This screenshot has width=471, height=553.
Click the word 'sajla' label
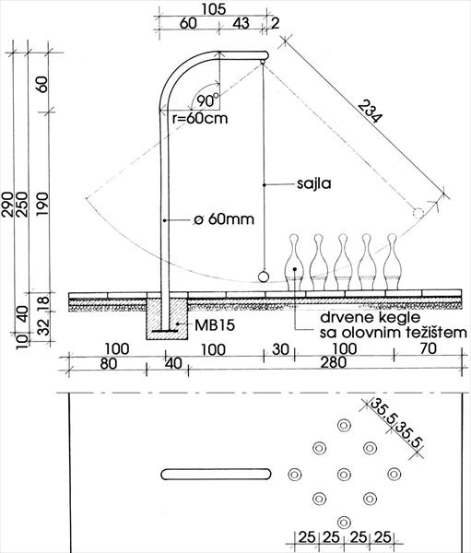tap(314, 183)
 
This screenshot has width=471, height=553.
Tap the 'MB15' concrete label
tap(215, 325)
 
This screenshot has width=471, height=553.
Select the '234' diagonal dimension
tap(370, 112)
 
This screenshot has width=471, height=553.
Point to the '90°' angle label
tap(207, 100)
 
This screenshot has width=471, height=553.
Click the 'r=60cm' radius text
tap(200, 118)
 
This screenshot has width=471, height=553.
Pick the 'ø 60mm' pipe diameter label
tap(224, 219)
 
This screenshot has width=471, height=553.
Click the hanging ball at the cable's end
tap(264, 276)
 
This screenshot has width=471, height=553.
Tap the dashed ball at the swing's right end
tap(418, 213)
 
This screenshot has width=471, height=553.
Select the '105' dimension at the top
tap(214, 9)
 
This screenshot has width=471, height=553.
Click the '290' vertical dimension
tap(7, 205)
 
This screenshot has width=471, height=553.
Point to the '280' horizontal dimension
tap(334, 362)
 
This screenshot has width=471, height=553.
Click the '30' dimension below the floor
tap(280, 349)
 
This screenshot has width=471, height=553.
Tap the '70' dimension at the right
tap(429, 348)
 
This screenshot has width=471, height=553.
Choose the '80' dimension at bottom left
tap(109, 364)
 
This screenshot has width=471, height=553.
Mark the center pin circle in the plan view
tap(344, 475)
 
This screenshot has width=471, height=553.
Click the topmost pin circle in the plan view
tap(344, 425)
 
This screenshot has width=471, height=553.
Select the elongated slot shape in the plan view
tap(216, 474)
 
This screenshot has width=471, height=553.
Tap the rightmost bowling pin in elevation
tap(393, 262)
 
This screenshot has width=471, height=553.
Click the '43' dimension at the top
tap(241, 23)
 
